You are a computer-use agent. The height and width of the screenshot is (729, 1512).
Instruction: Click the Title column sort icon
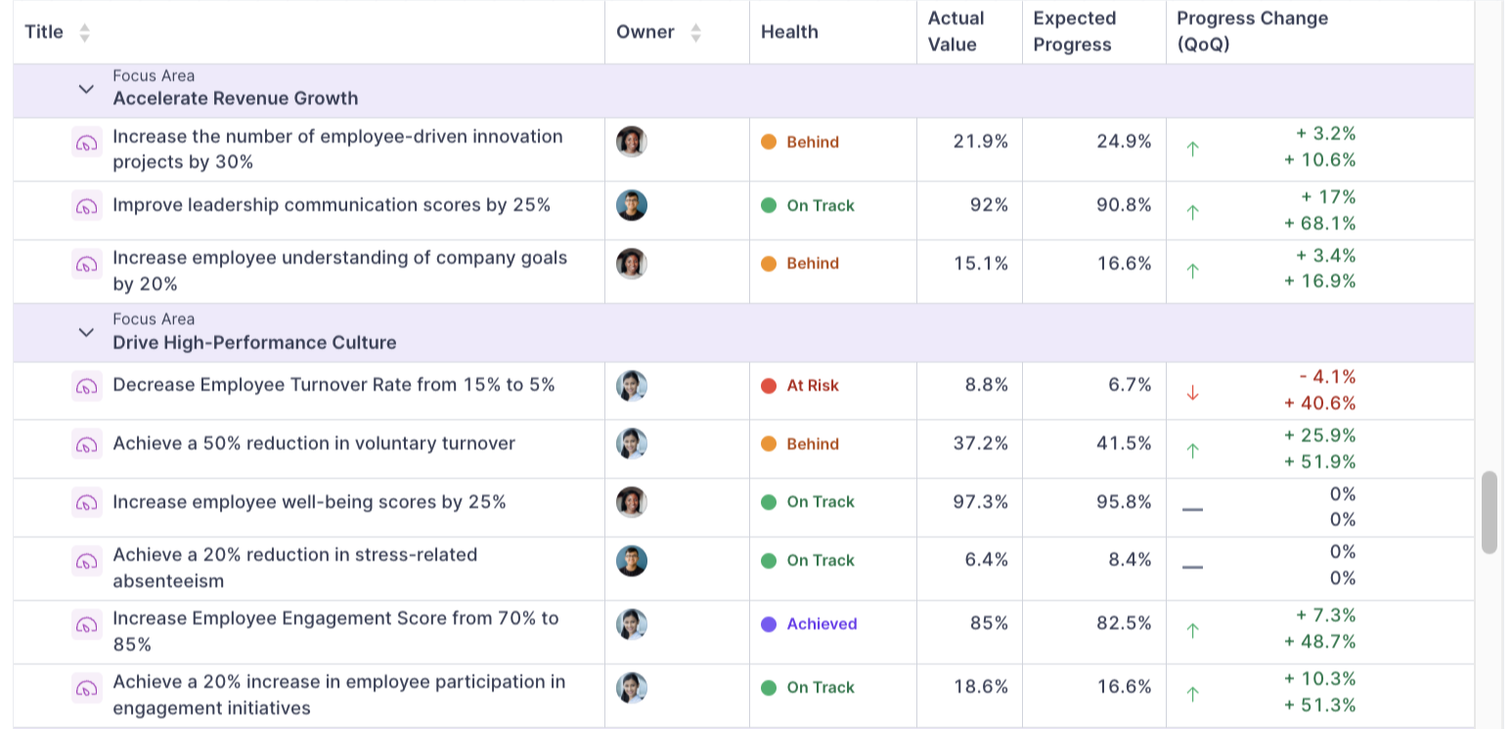(x=84, y=32)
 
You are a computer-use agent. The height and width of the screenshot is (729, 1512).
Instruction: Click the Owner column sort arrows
(x=695, y=32)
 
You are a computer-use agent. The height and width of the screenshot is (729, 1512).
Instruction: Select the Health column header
(x=789, y=32)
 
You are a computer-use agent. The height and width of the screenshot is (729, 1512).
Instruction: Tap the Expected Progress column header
(x=1074, y=31)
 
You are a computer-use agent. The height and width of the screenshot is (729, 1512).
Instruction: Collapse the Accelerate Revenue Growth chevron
(x=86, y=89)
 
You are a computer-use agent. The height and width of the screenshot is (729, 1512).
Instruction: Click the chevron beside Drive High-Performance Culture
(x=86, y=332)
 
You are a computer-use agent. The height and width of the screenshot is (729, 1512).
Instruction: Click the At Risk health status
(x=812, y=386)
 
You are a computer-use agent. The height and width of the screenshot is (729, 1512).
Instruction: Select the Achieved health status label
(x=821, y=624)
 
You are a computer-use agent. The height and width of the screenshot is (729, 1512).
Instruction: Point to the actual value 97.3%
(x=980, y=502)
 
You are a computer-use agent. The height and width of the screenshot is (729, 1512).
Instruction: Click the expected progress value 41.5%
(x=1124, y=444)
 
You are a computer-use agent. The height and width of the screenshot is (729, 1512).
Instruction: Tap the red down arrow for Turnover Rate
(x=1192, y=392)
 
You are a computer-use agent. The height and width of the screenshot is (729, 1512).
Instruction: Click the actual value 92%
(x=989, y=205)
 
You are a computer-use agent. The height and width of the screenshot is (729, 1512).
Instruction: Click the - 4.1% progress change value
(x=1327, y=377)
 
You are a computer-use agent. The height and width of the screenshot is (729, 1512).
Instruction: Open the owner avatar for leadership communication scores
(x=632, y=205)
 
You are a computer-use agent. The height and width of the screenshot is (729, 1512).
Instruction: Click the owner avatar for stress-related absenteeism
(x=632, y=561)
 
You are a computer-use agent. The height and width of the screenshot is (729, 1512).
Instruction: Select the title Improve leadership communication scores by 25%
(x=332, y=205)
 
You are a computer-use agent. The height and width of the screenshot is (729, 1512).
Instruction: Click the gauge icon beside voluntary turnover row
(x=87, y=445)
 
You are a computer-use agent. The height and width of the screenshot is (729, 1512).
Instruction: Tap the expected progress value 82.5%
(x=1124, y=624)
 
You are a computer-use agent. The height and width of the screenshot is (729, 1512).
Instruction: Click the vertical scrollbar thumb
(x=1489, y=512)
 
